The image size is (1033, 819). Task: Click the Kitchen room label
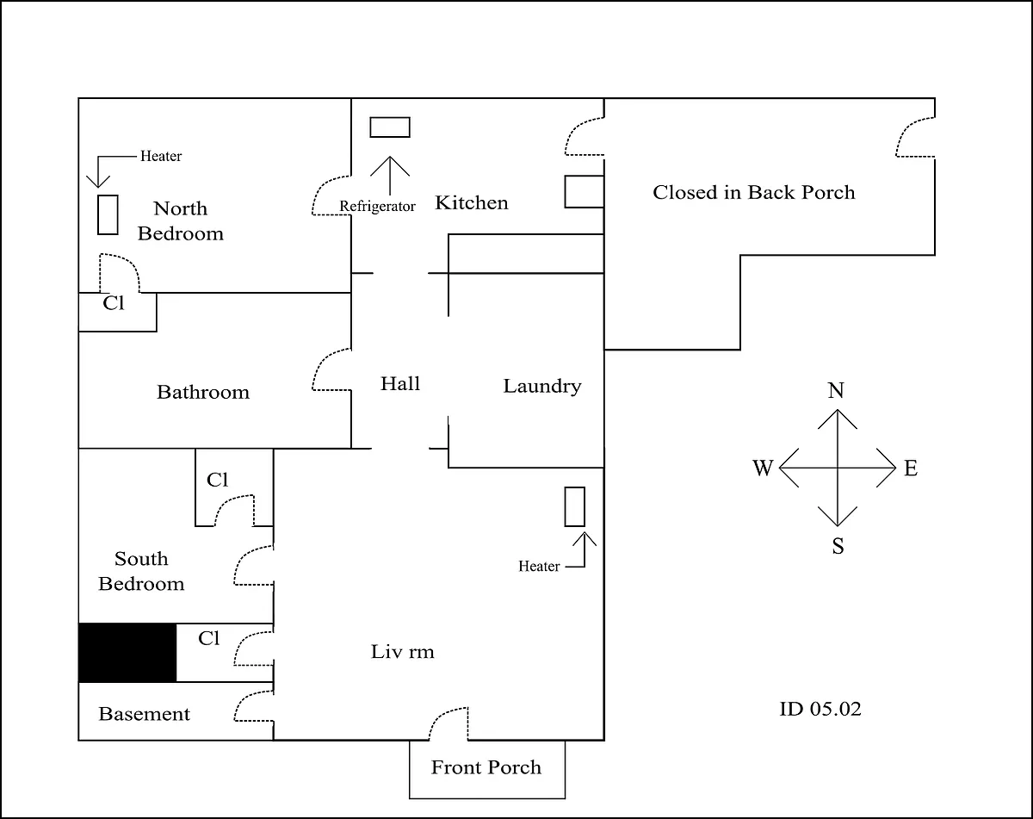(472, 202)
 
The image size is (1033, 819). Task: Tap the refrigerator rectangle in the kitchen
(390, 127)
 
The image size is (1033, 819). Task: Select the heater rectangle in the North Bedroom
(108, 214)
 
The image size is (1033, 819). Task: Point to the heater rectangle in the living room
(574, 506)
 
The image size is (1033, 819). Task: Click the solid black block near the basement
(127, 652)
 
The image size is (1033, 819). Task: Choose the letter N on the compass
(836, 390)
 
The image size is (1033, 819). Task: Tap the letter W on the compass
(763, 468)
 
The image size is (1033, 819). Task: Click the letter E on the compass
(911, 468)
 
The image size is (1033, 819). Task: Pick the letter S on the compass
(838, 546)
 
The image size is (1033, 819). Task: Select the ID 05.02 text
(820, 709)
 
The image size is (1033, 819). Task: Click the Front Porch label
(486, 767)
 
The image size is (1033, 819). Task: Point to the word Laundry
(542, 387)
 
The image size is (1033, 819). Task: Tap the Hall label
(399, 384)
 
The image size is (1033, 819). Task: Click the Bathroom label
(203, 393)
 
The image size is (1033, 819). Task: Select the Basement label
(144, 714)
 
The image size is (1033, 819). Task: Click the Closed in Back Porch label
(753, 193)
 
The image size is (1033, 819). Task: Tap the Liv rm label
(402, 652)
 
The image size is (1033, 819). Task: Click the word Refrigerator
(377, 207)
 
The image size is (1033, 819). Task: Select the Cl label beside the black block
(208, 638)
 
